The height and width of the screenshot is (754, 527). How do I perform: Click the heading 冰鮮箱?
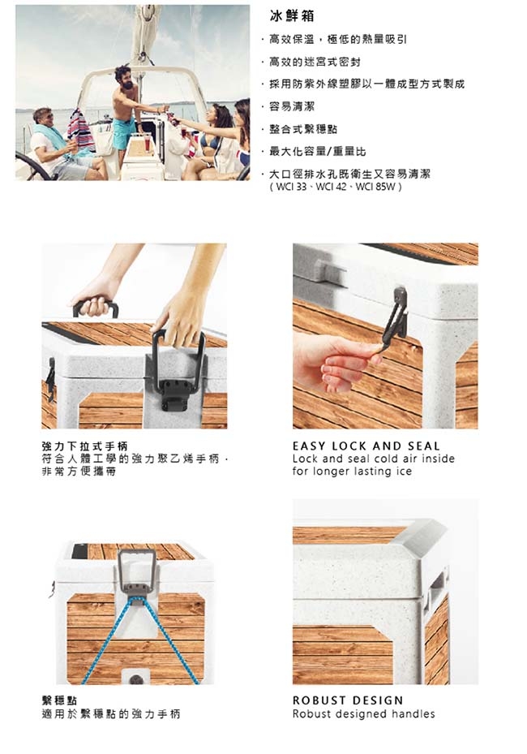point(292,16)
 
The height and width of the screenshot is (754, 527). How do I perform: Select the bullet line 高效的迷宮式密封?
point(315,62)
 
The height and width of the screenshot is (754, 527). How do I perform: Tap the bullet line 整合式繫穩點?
point(303,129)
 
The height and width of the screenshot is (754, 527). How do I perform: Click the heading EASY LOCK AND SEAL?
point(366,446)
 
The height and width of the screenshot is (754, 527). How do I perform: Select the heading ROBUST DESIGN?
point(348,700)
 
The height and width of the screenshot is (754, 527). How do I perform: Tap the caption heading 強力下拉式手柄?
point(84,446)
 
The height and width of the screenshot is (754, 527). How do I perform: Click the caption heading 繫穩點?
point(59,700)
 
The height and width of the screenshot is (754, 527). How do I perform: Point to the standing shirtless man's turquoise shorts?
point(124,132)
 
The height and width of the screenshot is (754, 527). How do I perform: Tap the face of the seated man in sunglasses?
point(45,117)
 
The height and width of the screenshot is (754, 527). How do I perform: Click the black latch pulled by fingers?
point(396,318)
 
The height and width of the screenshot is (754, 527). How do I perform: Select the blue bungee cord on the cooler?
point(139,639)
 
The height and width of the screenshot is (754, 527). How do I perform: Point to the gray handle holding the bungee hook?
point(137,571)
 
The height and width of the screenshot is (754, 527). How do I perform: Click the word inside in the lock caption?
point(439,459)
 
